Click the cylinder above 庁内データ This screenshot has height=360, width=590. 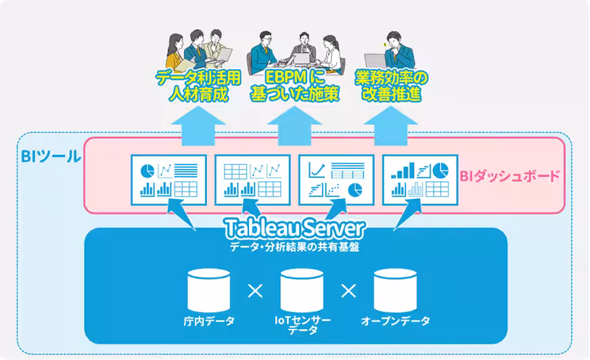208,290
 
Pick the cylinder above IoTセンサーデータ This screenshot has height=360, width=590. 302,290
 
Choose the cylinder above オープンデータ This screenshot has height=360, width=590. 395,290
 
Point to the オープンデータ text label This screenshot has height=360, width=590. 396,321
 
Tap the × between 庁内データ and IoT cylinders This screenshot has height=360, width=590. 255,291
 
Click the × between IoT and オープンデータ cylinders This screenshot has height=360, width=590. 348,291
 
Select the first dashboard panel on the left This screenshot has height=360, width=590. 168,179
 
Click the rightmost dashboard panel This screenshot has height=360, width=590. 420,179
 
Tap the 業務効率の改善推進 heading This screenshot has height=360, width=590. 392,85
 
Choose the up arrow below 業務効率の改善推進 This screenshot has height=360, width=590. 392,126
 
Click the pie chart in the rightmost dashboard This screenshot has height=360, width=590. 440,168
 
